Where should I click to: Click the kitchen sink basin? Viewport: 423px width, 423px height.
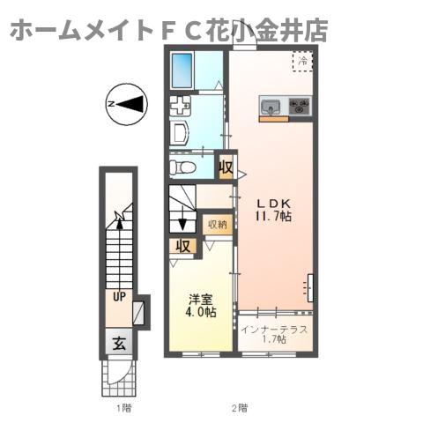(271, 107)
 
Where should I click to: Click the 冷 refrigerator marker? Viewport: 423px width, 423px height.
(302, 61)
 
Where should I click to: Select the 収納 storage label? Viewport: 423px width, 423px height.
(217, 224)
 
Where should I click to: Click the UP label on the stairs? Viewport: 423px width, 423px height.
(117, 296)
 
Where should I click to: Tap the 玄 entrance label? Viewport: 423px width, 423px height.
(117, 343)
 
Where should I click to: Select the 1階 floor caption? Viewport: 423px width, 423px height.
(122, 408)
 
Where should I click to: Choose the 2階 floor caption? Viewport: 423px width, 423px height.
(239, 408)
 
